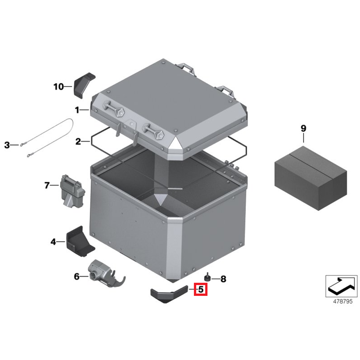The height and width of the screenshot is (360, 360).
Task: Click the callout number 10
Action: [58, 87]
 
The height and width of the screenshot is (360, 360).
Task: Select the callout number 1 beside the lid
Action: [77, 109]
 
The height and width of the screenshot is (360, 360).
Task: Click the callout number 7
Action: [47, 185]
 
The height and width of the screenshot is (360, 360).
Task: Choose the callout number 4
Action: [53, 242]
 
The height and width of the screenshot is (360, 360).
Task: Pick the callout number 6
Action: [76, 276]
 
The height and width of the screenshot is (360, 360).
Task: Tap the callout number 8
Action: [223, 278]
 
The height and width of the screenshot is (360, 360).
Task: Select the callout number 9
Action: [303, 128]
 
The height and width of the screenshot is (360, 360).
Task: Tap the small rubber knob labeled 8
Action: [208, 278]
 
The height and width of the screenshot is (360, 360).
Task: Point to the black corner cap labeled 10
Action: [84, 85]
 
